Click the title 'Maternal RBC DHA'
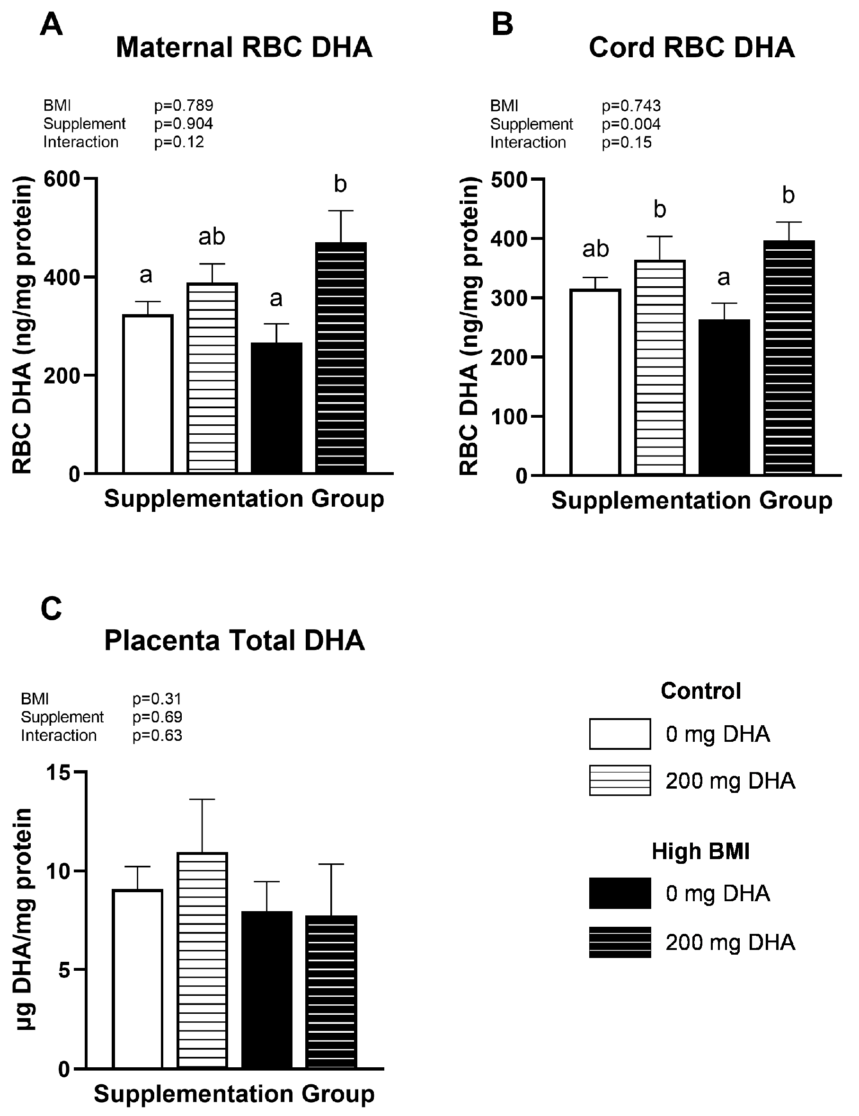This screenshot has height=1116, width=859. (244, 47)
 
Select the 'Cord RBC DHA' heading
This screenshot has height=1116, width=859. (691, 47)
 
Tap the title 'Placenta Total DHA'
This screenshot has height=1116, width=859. (234, 640)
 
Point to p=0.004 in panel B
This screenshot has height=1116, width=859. (631, 124)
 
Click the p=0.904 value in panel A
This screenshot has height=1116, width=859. (184, 123)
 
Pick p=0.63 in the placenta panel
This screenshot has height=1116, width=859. (157, 735)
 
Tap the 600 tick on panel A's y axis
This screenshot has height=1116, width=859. (62, 179)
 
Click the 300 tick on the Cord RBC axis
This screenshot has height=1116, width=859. (509, 299)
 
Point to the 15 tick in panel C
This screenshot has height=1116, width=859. (58, 773)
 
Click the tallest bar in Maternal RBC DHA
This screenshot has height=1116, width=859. (341, 358)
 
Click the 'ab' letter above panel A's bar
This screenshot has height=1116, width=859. (211, 237)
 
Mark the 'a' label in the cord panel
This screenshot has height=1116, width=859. (724, 278)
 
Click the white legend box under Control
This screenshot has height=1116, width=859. (620, 734)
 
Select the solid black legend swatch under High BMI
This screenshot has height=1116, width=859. (620, 893)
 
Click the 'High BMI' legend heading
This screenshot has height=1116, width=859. (700, 851)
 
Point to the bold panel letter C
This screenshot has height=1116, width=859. (51, 609)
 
